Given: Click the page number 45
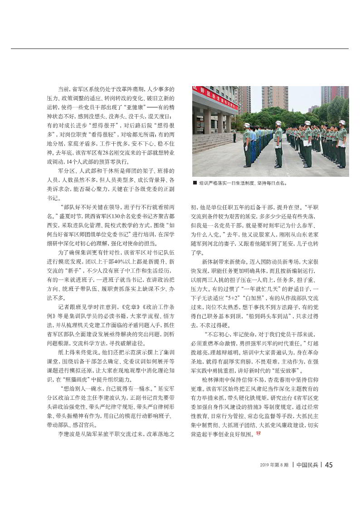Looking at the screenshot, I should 330,464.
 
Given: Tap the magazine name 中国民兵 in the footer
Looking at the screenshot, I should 308,465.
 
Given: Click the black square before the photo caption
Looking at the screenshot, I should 195,184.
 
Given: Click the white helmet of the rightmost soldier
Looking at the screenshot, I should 341,122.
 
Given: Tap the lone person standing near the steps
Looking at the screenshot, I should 234,136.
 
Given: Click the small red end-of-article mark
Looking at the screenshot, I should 258,434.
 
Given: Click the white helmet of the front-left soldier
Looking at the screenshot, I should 247,126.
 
